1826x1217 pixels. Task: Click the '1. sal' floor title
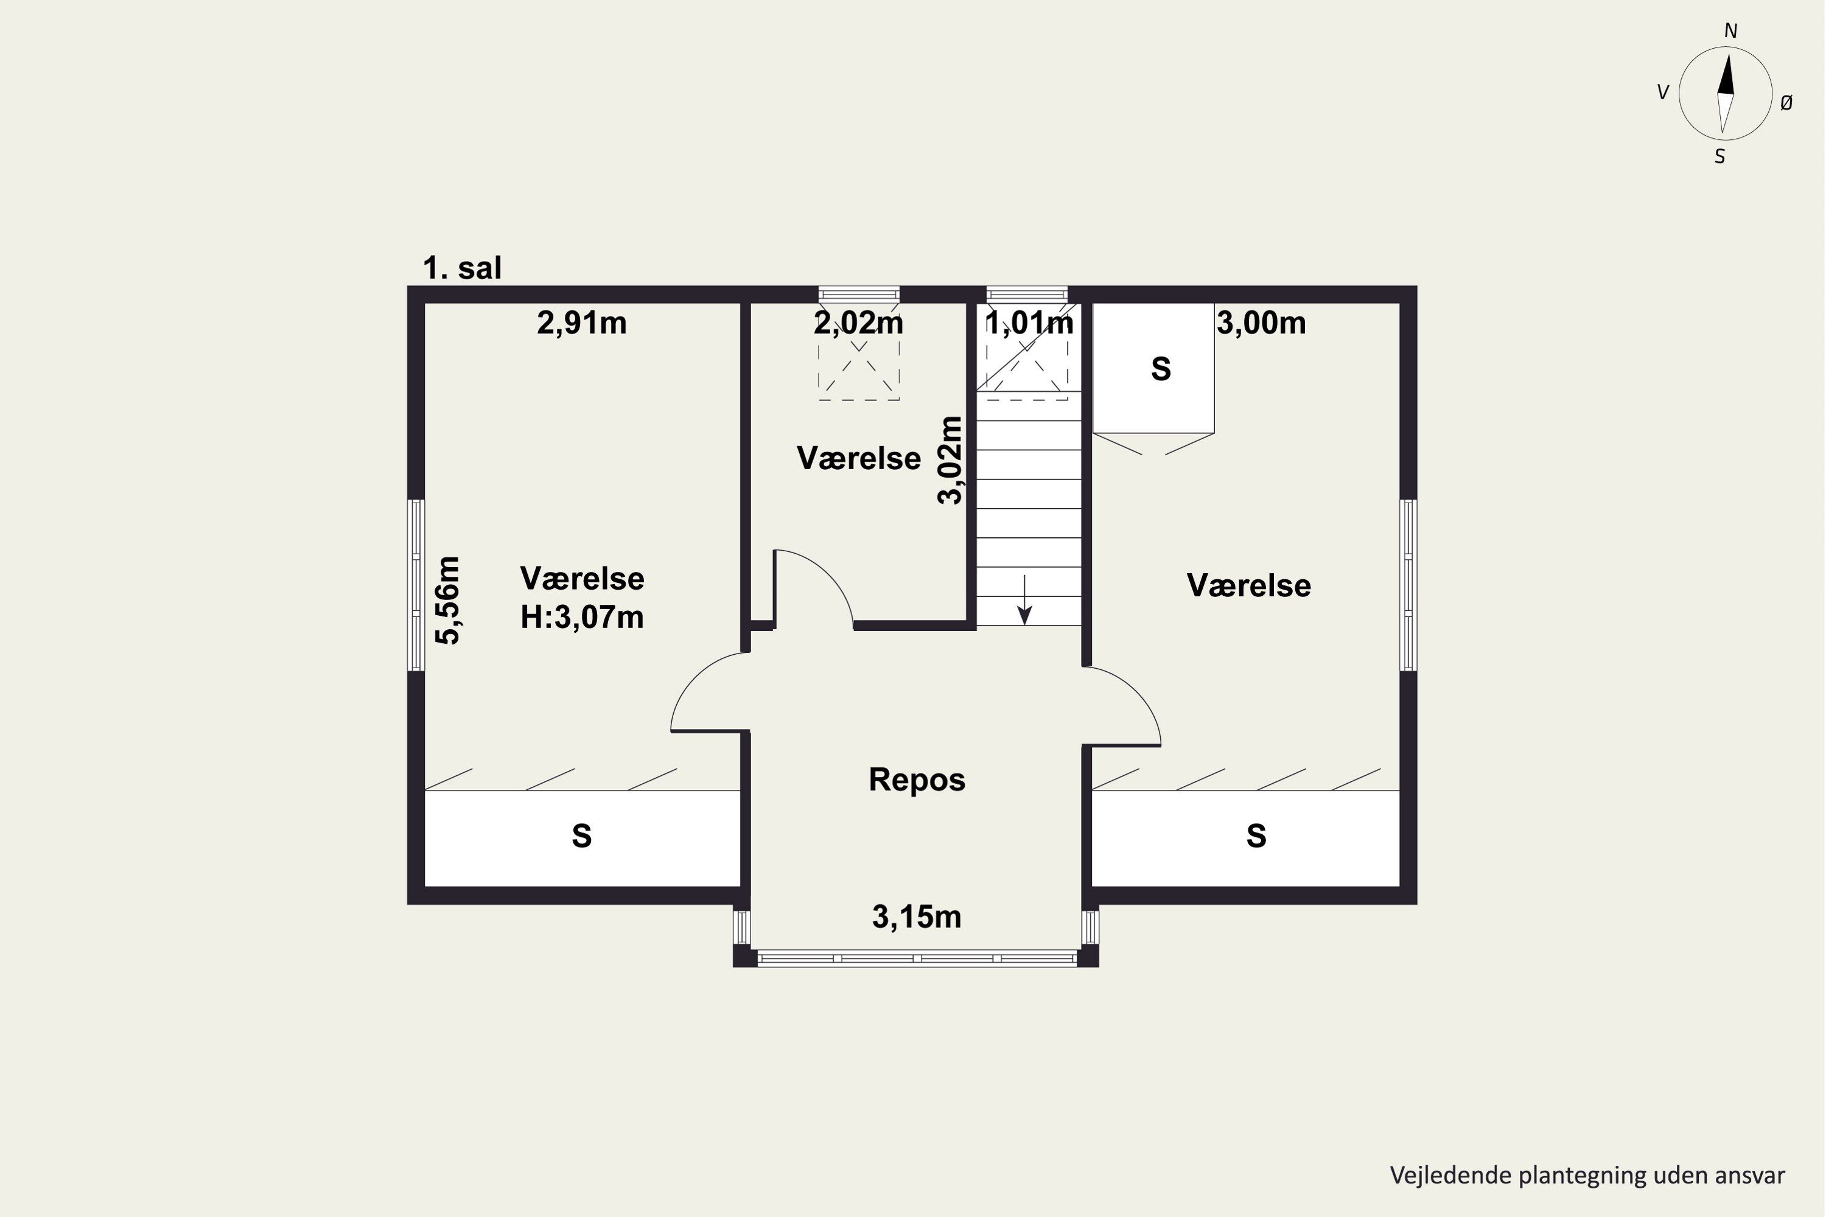click(x=462, y=268)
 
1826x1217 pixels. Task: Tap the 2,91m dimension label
click(x=581, y=323)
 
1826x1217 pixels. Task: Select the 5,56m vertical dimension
click(x=448, y=600)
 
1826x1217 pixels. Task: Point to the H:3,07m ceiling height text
click(x=582, y=618)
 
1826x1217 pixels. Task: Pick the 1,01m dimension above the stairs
click(x=1029, y=323)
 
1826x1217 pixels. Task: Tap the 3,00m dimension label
click(x=1261, y=323)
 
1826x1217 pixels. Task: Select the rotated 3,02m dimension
click(x=950, y=460)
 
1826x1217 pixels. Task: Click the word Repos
click(x=917, y=780)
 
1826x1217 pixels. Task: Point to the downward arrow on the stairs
click(x=1025, y=599)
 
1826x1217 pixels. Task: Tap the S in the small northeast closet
click(x=1161, y=369)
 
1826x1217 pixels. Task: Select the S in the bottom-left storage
click(x=581, y=836)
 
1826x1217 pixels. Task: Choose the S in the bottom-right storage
click(x=1256, y=836)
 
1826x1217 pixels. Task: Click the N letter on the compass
click(x=1730, y=31)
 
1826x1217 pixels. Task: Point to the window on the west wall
click(x=416, y=585)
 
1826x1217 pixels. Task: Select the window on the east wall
click(x=1408, y=585)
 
